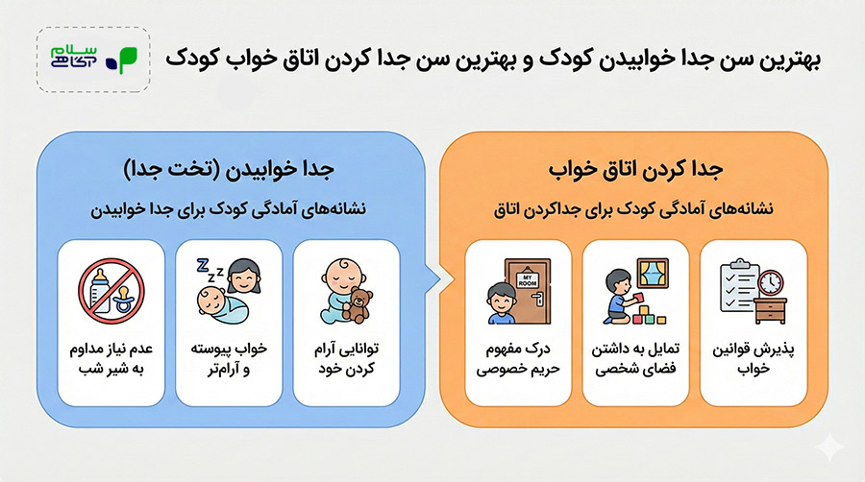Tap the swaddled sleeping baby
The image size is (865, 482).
pyautogui.click(x=222, y=305)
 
